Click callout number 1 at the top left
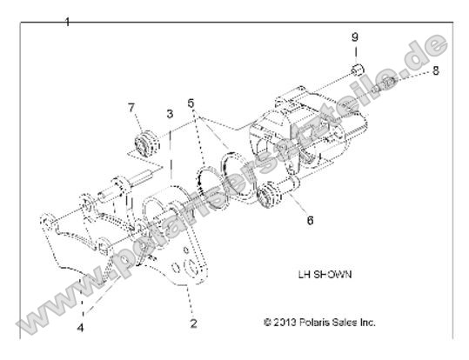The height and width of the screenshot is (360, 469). tap(68, 20)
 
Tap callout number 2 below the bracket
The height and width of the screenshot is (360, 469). tap(193, 323)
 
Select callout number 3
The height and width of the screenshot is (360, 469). tap(171, 114)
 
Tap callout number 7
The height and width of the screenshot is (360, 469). tap(131, 108)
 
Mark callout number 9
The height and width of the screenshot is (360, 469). tap(354, 37)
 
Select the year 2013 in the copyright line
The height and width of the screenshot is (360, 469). tap(289, 322)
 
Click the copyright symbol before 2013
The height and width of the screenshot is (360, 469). tap(267, 322)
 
